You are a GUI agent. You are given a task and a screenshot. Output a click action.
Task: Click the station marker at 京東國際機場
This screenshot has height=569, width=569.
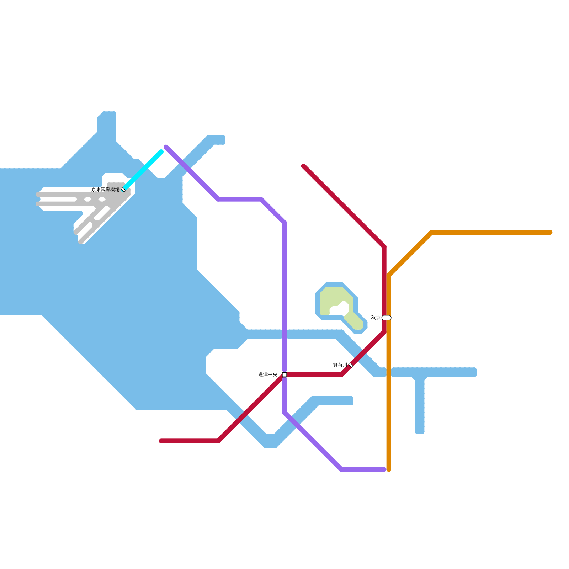(x=123, y=190)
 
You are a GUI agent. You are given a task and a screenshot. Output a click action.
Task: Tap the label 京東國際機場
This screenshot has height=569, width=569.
(x=106, y=190)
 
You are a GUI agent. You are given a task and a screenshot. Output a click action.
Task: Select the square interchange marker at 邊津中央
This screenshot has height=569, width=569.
(x=284, y=374)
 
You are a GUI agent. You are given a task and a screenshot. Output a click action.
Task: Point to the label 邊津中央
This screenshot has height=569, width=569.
(x=268, y=374)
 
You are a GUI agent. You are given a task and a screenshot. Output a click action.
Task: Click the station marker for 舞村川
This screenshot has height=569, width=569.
(x=351, y=365)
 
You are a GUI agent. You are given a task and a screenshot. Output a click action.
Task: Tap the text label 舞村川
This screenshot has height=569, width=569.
(x=340, y=365)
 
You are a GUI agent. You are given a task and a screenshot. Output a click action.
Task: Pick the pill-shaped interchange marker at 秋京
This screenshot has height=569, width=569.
(x=387, y=318)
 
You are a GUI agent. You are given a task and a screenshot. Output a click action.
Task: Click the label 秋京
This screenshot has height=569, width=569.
(x=376, y=318)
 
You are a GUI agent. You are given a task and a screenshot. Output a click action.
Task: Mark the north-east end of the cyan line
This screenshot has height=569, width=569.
(x=161, y=152)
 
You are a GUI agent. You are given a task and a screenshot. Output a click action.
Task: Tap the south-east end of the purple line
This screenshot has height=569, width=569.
(x=384, y=469)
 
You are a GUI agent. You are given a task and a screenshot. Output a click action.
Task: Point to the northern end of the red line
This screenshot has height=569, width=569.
(x=303, y=166)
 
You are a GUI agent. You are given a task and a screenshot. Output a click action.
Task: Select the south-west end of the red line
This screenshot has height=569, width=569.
(x=161, y=441)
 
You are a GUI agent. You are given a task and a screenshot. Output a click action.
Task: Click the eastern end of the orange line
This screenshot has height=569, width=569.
(x=550, y=232)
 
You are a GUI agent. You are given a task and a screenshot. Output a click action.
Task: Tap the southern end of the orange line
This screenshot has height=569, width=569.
(x=389, y=470)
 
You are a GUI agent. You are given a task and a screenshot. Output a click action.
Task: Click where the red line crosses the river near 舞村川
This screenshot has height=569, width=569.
(x=363, y=353)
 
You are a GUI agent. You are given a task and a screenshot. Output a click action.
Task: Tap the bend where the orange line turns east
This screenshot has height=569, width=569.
(x=431, y=233)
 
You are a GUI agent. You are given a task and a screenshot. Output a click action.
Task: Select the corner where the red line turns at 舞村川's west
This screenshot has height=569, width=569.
(x=341, y=374)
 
